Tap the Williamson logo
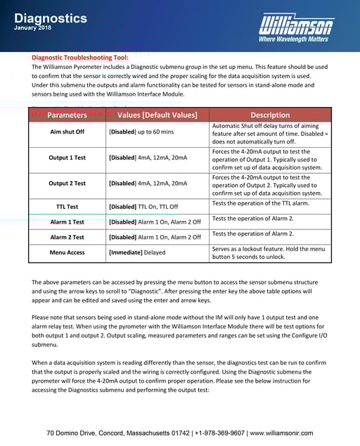pos(296,26)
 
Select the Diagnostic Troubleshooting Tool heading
pos(79,57)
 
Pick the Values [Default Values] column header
pos(157,115)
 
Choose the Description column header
pos(270,115)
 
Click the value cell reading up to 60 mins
pos(141,132)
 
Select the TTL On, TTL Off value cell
pos(143,207)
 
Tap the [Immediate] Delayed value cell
pos(138,252)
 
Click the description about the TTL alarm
pos(260,203)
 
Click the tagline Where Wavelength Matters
pos(293,39)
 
